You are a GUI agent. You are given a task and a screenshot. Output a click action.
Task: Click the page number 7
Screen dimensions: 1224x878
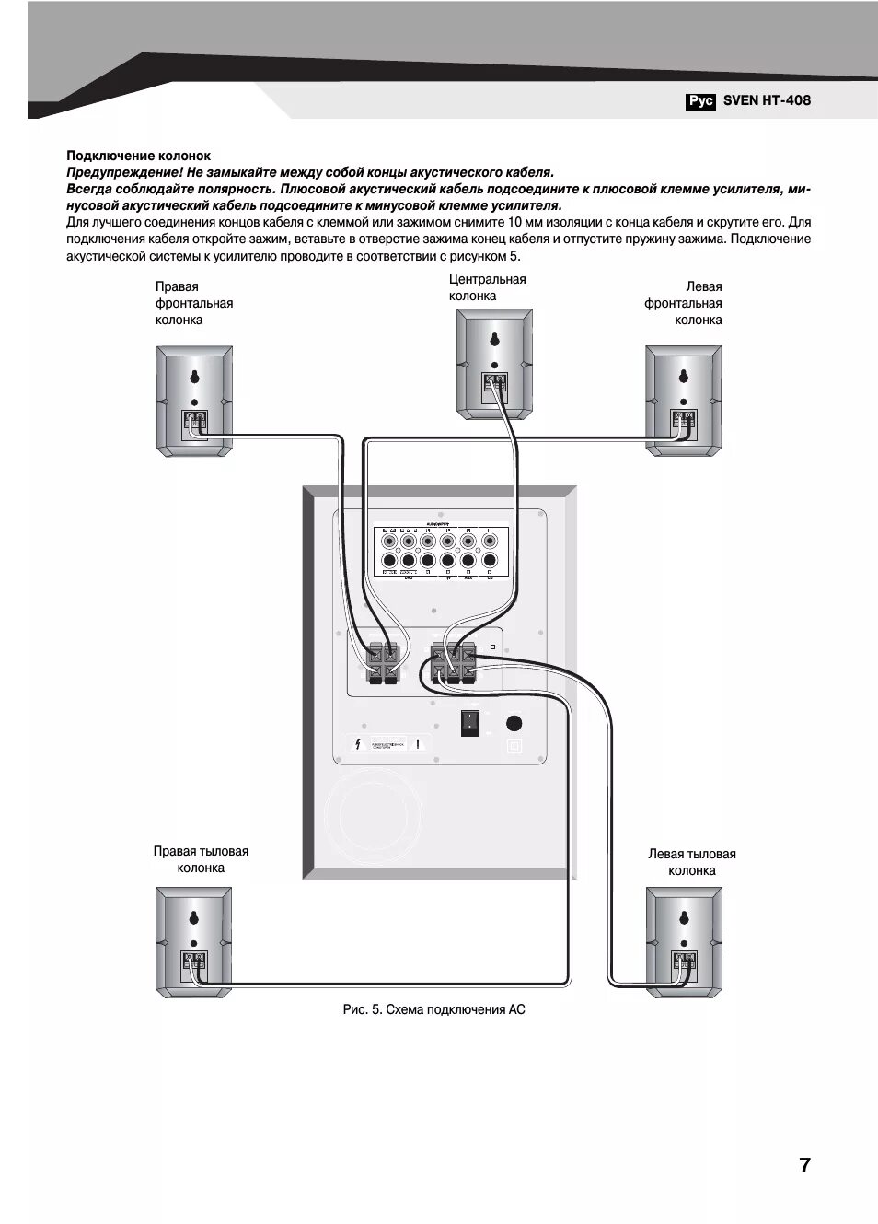point(804,1164)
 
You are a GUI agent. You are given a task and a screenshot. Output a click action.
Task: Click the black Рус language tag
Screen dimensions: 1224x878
point(699,101)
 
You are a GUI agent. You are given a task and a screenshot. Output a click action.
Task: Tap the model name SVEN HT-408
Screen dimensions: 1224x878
point(767,100)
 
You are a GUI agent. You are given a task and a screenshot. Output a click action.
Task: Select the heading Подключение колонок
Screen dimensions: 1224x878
point(138,156)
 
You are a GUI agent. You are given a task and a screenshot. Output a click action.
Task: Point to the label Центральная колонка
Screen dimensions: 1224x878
point(487,287)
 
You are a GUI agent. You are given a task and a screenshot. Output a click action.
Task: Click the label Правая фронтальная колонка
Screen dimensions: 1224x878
point(193,303)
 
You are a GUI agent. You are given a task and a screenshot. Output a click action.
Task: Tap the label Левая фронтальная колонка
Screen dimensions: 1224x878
point(683,303)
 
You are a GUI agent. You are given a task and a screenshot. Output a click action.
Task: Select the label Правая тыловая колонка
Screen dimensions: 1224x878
point(201,859)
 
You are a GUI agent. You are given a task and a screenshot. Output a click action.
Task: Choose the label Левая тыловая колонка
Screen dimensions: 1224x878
point(691,862)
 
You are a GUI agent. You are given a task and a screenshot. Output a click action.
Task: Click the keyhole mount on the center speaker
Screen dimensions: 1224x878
point(495,338)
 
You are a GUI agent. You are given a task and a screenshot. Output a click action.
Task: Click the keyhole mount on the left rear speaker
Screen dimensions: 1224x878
point(683,917)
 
